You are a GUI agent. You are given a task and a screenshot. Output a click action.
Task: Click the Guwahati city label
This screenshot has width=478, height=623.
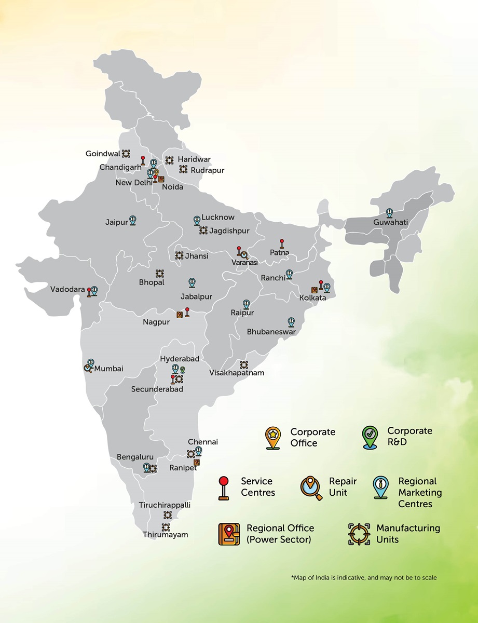[390, 223]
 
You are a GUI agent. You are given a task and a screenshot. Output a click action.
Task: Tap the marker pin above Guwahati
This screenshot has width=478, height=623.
[389, 213]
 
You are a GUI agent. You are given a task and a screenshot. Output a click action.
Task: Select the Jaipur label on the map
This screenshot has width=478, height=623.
[116, 222]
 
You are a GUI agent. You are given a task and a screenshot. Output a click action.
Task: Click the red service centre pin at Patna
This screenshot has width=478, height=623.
[282, 243]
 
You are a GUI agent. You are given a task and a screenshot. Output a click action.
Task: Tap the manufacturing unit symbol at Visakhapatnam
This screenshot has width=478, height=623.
[244, 364]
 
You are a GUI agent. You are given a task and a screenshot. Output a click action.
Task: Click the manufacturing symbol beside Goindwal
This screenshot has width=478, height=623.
[126, 153]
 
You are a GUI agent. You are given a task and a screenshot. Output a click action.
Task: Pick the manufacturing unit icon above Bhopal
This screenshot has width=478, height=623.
[159, 273]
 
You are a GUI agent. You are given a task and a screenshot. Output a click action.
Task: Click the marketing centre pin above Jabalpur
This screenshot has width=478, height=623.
[192, 282]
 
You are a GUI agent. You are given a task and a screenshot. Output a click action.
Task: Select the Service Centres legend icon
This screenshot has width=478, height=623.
[224, 487]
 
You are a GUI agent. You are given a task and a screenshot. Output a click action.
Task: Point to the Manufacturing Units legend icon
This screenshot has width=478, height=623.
[359, 534]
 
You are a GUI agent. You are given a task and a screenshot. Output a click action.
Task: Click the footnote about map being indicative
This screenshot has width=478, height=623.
[364, 577]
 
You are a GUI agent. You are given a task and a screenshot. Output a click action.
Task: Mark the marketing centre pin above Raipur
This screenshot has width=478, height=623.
[246, 304]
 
